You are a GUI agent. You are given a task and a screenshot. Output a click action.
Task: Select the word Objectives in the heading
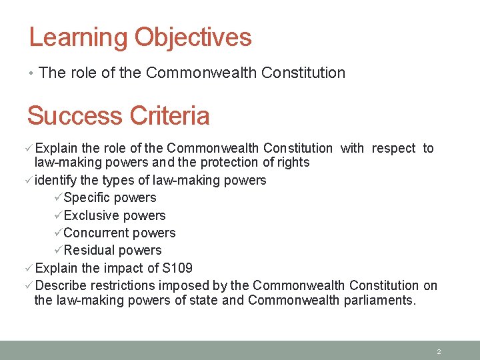click(x=193, y=37)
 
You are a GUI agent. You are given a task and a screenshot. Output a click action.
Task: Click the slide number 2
click(x=439, y=351)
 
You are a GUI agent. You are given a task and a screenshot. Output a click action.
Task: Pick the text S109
click(x=177, y=268)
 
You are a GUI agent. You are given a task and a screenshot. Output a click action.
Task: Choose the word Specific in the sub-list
click(x=87, y=198)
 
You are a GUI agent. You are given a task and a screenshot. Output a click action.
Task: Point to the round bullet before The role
click(x=32, y=73)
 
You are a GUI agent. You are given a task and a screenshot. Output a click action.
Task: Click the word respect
click(x=393, y=148)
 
